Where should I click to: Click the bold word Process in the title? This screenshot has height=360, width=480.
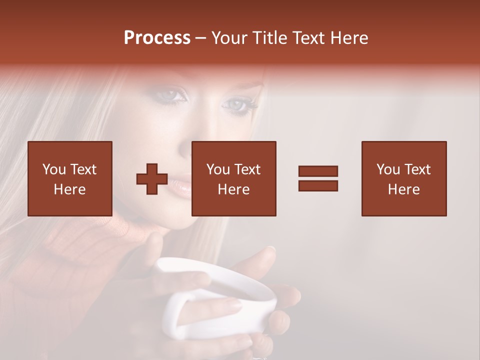(157, 38)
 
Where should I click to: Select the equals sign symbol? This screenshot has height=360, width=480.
(318, 178)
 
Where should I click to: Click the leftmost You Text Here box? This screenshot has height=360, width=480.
(70, 179)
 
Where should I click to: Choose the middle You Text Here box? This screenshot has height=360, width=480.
(234, 179)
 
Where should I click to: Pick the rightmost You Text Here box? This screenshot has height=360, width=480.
(404, 179)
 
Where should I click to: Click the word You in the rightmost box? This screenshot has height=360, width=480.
(387, 169)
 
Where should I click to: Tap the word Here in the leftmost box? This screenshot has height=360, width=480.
(70, 189)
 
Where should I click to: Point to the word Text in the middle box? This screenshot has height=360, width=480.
(247, 169)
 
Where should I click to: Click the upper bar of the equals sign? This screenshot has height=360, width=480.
(318, 171)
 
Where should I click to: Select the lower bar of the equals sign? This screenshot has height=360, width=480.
(318, 185)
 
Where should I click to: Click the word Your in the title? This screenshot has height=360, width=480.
(230, 38)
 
